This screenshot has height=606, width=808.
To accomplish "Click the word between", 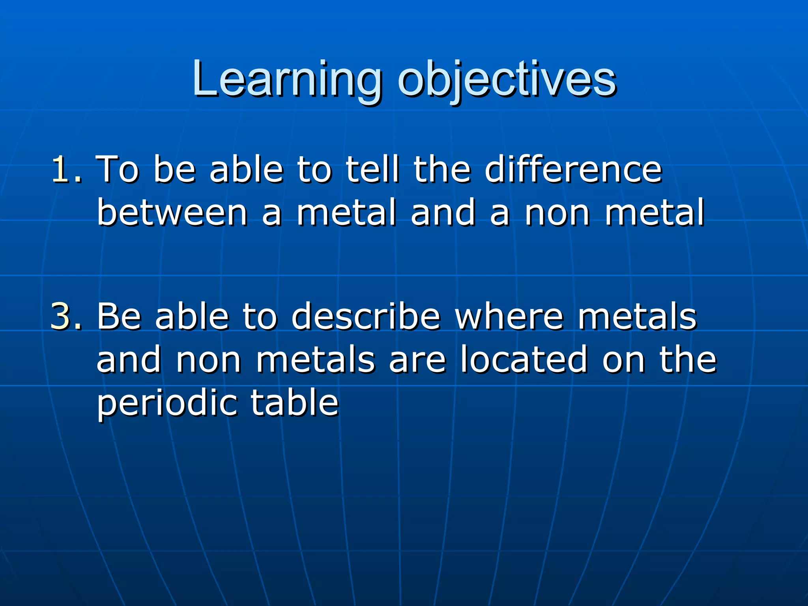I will click(x=172, y=213).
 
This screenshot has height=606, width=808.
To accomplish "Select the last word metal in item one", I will click(x=654, y=213).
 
